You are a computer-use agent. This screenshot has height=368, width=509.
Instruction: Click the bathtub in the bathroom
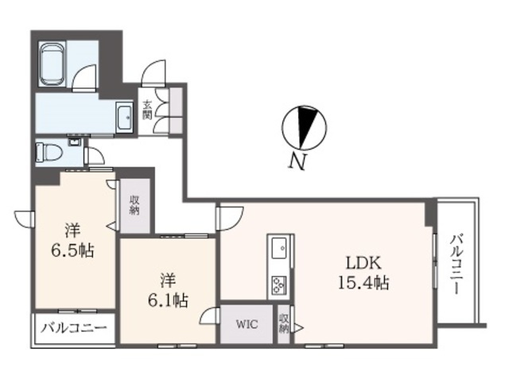pyautogui.click(x=52, y=64)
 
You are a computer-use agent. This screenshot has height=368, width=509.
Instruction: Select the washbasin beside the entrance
pyautogui.click(x=124, y=117)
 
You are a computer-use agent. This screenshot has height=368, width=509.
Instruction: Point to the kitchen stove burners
pyautogui.click(x=279, y=285)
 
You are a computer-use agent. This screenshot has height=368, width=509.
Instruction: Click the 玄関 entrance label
pyautogui.click(x=148, y=110)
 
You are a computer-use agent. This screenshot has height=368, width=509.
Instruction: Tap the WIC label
pyautogui.click(x=247, y=323)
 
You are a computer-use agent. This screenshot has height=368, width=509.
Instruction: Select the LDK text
pyautogui.click(x=363, y=263)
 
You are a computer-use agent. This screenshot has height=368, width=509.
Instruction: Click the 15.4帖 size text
pyautogui.click(x=363, y=282)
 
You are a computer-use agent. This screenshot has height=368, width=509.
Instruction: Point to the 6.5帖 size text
pyautogui.click(x=72, y=250)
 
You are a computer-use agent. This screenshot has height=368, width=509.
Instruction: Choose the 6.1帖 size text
pyautogui.click(x=168, y=300)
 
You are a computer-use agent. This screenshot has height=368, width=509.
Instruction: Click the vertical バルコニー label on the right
pyautogui.click(x=457, y=265)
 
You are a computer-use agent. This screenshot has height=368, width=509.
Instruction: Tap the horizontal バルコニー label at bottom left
pyautogui.click(x=74, y=328)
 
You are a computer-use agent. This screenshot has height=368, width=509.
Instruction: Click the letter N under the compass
pyautogui.click(x=297, y=161)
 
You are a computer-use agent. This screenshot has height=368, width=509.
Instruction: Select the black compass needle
pyautogui.click(x=306, y=127)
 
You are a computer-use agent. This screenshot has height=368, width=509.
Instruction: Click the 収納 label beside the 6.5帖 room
pyautogui.click(x=134, y=205)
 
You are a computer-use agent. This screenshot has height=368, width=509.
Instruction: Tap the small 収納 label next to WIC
pyautogui.click(x=284, y=323)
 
